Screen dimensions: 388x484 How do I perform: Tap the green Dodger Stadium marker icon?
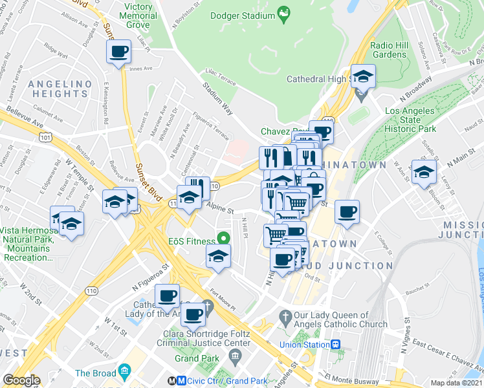click(x=283, y=12)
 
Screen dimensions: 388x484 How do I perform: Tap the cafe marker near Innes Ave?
click(x=118, y=51)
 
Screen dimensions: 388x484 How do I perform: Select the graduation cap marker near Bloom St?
click(x=424, y=172)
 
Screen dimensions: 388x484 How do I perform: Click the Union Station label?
click(x=305, y=345)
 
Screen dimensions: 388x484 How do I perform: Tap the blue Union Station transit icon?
click(x=336, y=345)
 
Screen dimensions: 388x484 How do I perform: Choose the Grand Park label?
click(x=195, y=358)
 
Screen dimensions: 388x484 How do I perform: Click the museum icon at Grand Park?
click(x=235, y=356)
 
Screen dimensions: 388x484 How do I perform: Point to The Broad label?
click(x=95, y=373)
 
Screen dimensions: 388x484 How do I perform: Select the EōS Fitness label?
click(x=192, y=241)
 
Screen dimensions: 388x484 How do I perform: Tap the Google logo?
click(x=22, y=380)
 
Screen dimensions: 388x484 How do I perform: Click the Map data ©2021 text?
click(x=456, y=383)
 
